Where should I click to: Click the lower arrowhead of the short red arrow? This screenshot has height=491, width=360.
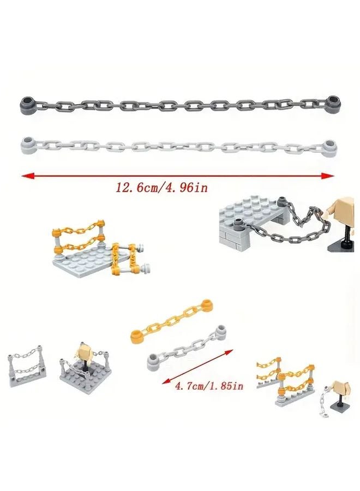coord(164,382)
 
